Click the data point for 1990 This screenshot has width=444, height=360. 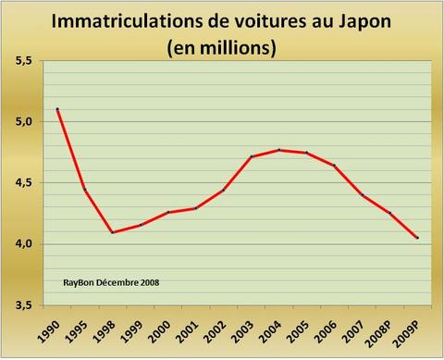pyautogui.click(x=57, y=109)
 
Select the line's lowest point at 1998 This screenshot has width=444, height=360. pyautogui.click(x=113, y=231)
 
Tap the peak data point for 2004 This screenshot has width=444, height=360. pyautogui.click(x=279, y=150)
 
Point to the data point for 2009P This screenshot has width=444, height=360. pyautogui.click(x=418, y=238)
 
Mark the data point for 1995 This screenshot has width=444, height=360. pyautogui.click(x=85, y=190)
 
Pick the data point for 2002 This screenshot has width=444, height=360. pyautogui.click(x=224, y=190)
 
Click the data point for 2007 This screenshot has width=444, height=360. pyautogui.click(x=363, y=195)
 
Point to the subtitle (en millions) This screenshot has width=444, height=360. pyautogui.click(x=222, y=46)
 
